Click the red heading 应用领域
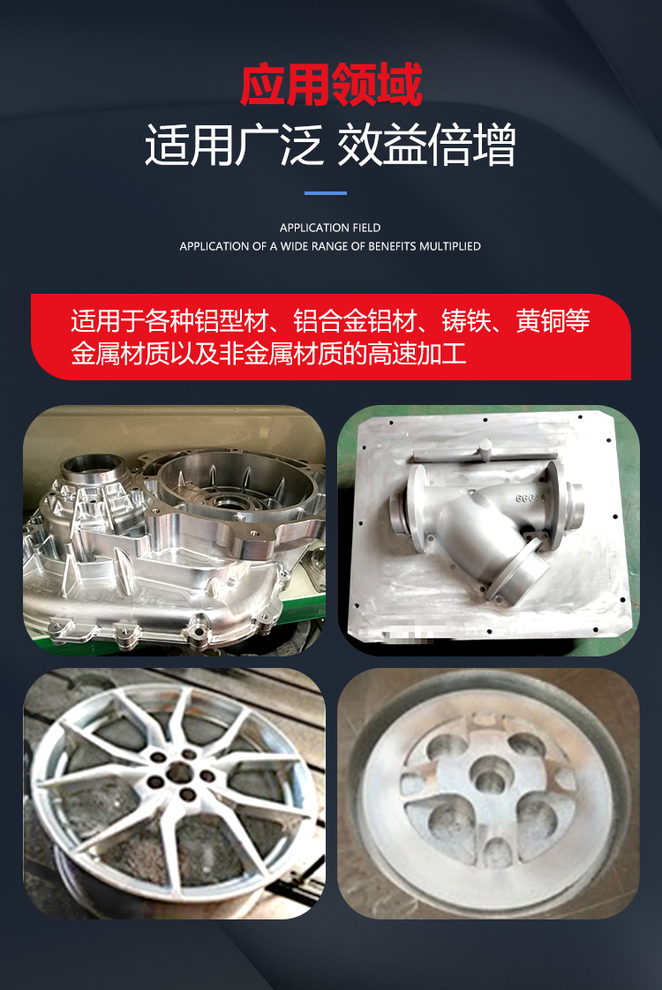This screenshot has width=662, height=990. point(331,85)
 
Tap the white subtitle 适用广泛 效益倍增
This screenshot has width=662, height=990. point(330,146)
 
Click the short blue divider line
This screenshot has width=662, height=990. point(326,193)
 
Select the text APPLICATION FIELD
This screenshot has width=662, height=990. point(330,228)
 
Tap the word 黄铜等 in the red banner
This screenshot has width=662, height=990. point(553,321)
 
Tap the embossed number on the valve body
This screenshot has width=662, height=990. point(530,499)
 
